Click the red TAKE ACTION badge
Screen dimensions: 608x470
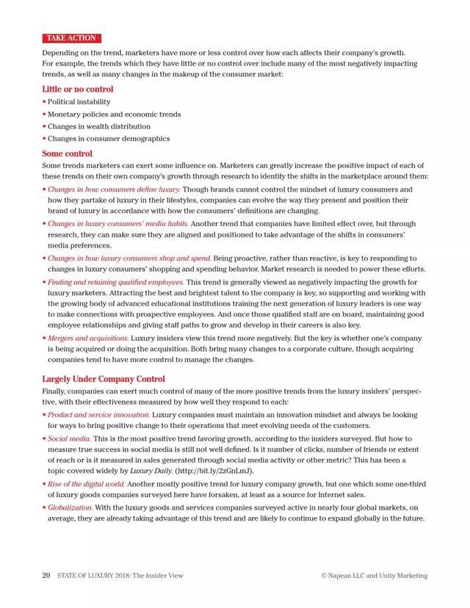[71, 38]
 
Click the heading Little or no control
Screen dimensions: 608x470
[78, 90]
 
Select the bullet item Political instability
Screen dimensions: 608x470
[79, 102]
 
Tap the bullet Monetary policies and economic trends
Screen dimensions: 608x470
[114, 115]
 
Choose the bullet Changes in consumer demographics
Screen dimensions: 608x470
[109, 139]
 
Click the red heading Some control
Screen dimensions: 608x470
[67, 154]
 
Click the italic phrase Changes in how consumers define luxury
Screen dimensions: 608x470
[114, 189]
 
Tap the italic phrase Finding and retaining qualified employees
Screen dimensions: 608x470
[116, 282]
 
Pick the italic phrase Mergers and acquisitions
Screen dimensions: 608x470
[88, 339]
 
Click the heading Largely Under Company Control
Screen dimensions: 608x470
[103, 380]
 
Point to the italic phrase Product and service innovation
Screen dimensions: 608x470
[98, 415]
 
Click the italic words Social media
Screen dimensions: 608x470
[70, 438]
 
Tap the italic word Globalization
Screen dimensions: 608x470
[70, 507]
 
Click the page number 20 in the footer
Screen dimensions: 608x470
[46, 576]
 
